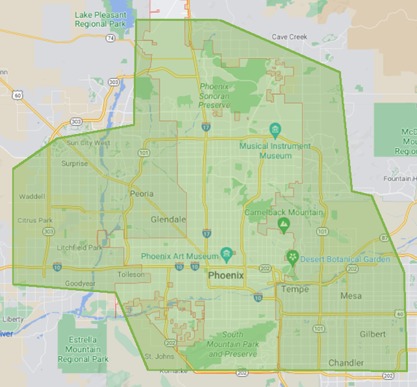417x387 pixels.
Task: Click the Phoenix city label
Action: (x=226, y=276)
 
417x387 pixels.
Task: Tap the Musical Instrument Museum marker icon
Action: (x=275, y=129)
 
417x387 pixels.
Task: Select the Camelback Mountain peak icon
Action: (x=283, y=225)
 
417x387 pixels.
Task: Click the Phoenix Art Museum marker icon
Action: (x=226, y=253)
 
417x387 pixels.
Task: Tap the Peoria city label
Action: (x=142, y=194)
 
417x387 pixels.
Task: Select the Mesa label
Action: (x=351, y=297)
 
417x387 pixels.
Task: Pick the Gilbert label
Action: (x=373, y=334)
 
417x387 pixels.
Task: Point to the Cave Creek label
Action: (x=289, y=37)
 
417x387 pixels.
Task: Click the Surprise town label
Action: (x=74, y=164)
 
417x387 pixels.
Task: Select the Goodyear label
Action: (x=81, y=284)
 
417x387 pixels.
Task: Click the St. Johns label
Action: (x=157, y=356)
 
